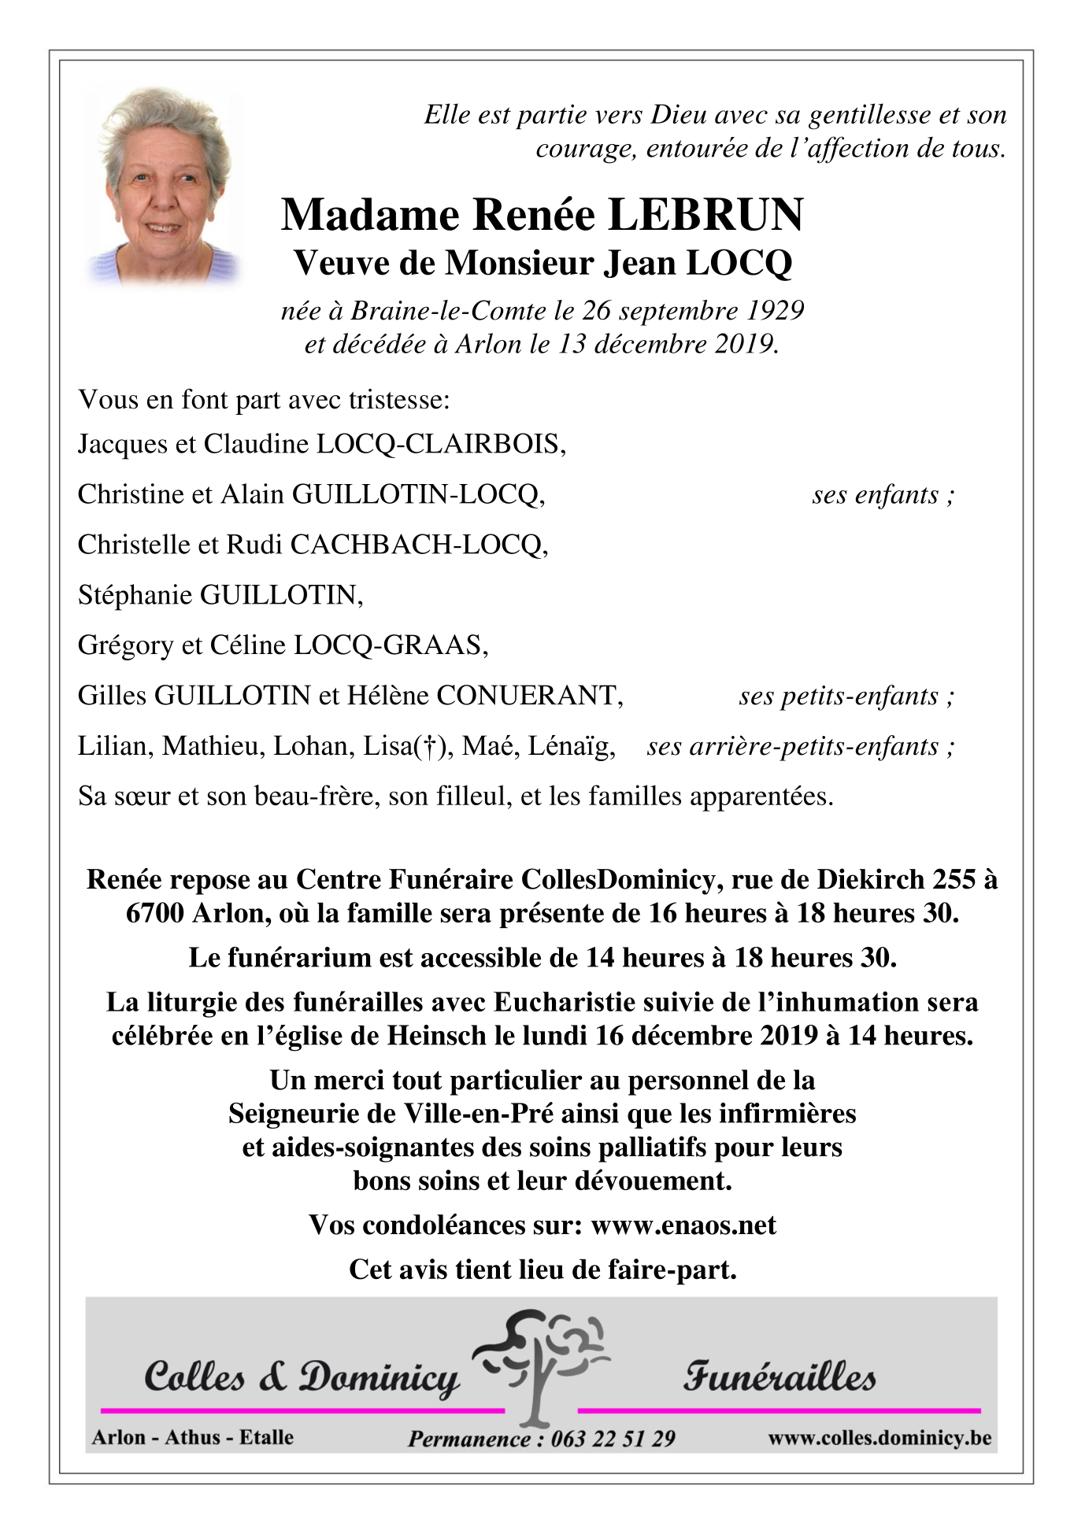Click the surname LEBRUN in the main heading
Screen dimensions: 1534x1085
[706, 215]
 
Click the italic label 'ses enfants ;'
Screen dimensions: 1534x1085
[883, 495]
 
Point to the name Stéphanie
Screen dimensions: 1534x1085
[135, 596]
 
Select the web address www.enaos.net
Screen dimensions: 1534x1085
[683, 1225]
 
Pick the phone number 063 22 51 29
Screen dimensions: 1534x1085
[613, 1439]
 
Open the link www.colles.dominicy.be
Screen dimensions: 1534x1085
[879, 1438]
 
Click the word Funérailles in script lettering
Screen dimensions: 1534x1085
[779, 1377]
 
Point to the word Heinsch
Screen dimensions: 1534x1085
[436, 1036]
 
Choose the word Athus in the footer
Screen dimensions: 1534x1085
[193, 1437]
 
